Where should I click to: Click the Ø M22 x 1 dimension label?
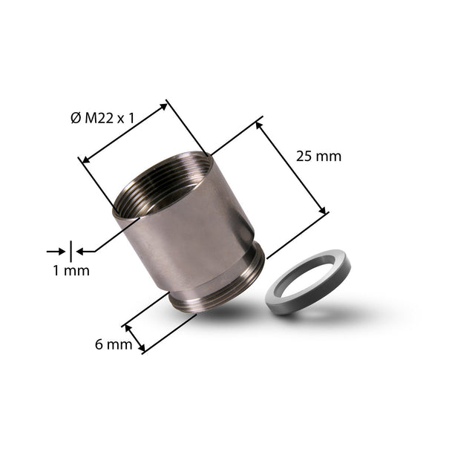pos(102,118)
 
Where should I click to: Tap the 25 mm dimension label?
pos(318,157)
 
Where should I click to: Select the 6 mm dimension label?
pos(114,344)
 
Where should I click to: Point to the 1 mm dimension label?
pos(71,270)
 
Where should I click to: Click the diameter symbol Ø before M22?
pos(76,118)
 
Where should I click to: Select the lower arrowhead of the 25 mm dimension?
pos(323,210)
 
